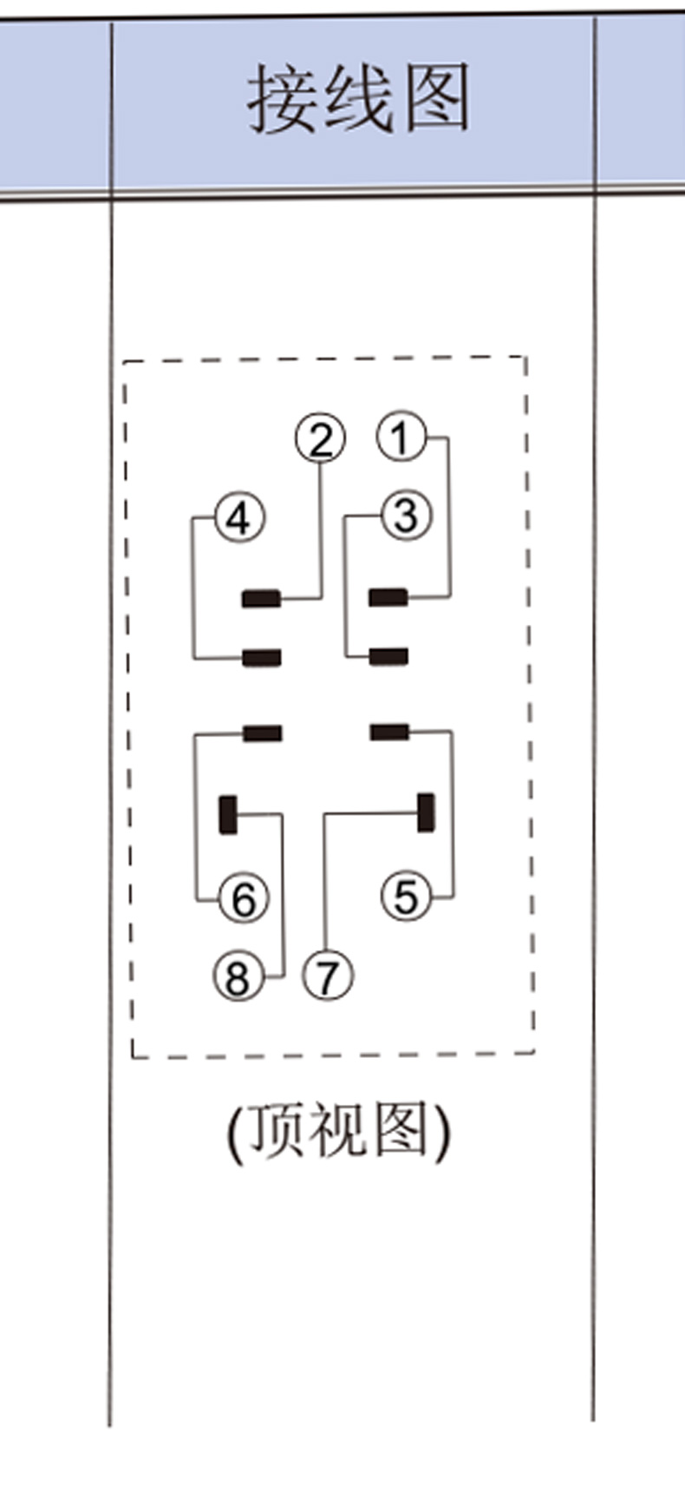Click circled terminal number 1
(x=401, y=437)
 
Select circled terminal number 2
(x=321, y=439)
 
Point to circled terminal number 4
(x=239, y=518)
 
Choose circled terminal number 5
(x=406, y=896)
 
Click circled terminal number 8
(x=238, y=976)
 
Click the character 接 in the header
(x=281, y=99)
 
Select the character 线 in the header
(x=357, y=99)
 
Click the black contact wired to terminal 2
(x=261, y=598)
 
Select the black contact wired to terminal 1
(x=388, y=597)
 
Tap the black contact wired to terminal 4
(x=261, y=658)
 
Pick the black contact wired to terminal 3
(x=388, y=656)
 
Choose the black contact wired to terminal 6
(x=262, y=734)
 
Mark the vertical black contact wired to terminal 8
(x=228, y=814)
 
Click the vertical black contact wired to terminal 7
(x=426, y=812)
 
